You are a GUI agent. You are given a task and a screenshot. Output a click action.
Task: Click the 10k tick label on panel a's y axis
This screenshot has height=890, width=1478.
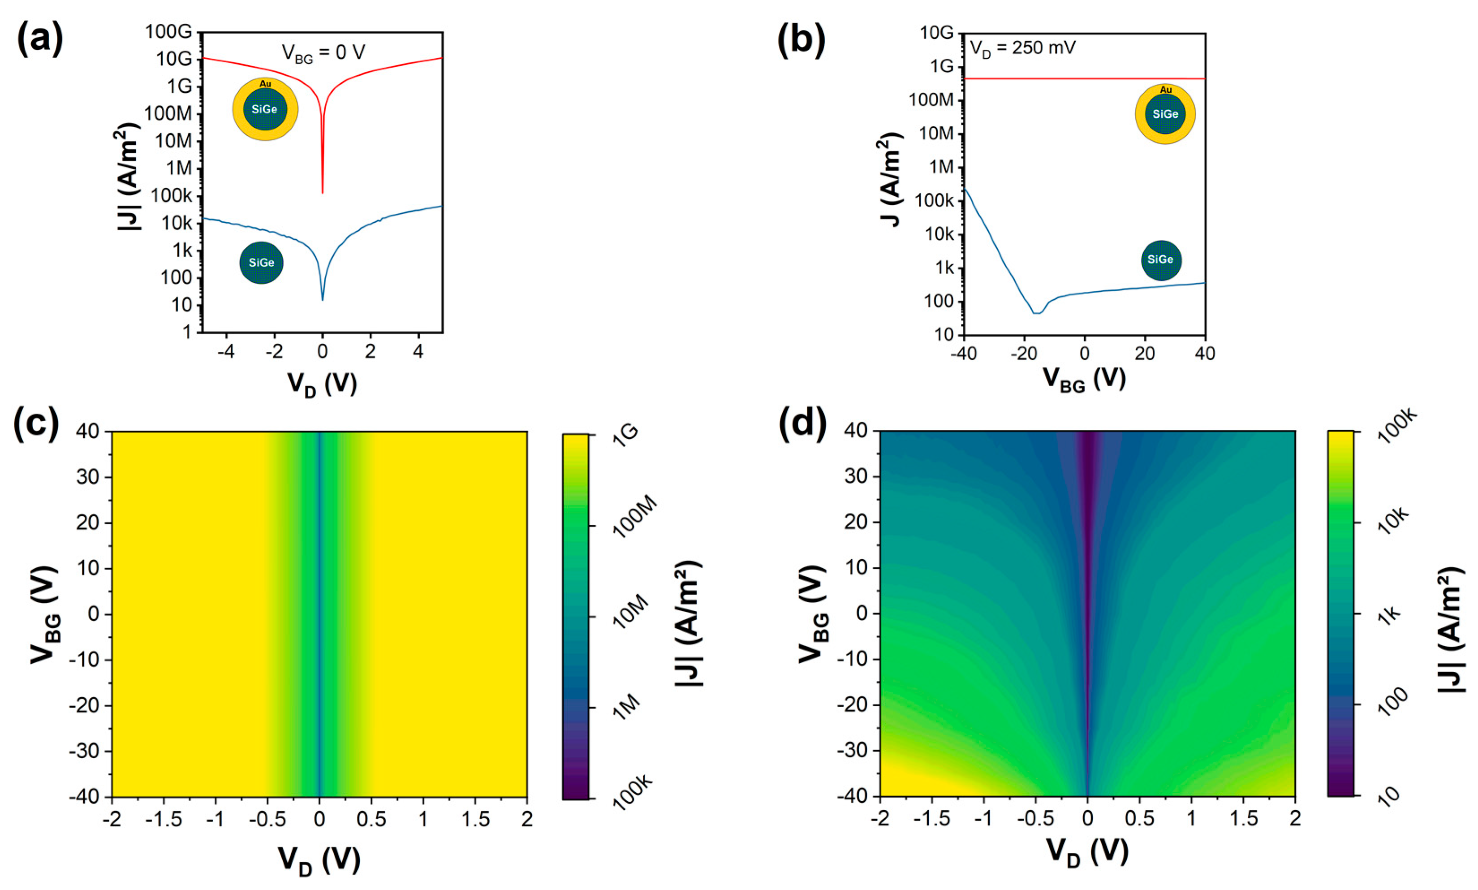tap(176, 223)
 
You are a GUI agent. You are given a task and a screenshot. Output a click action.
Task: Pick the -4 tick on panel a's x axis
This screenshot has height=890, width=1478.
tap(226, 352)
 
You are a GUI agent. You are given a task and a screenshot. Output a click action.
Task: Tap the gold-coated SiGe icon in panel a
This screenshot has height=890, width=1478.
tap(265, 109)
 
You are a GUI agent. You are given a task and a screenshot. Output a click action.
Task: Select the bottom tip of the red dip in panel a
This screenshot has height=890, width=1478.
tap(323, 193)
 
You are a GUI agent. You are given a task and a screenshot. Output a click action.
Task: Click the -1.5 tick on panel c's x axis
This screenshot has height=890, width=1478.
tap(163, 819)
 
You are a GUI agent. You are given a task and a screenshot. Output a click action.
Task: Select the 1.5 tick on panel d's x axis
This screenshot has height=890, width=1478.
tap(1243, 819)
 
